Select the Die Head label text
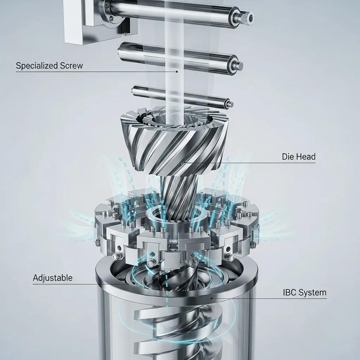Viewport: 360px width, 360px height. tap(298, 156)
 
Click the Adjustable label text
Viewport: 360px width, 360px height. tap(53, 278)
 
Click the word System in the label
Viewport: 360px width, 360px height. tap(314, 292)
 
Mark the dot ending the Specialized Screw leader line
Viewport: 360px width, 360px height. tap(177, 72)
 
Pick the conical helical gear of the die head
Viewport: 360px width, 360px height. tap(172, 144)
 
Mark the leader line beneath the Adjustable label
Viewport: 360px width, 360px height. tap(70, 284)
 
